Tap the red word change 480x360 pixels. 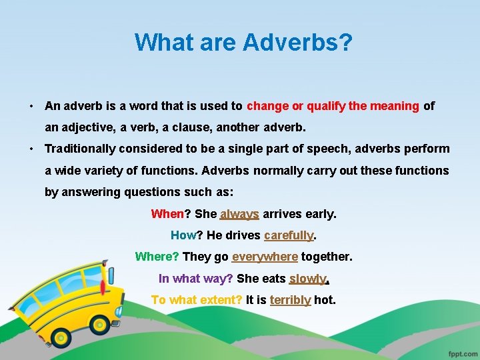point(267,106)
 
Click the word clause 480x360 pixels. point(205,127)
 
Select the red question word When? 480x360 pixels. point(167,214)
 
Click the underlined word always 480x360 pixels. point(239,214)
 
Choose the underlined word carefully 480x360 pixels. point(289,235)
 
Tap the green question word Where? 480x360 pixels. point(157,257)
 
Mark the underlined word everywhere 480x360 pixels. point(265,257)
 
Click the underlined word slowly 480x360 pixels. point(307,279)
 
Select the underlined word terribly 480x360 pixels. point(290,300)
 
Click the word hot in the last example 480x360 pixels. point(324,300)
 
